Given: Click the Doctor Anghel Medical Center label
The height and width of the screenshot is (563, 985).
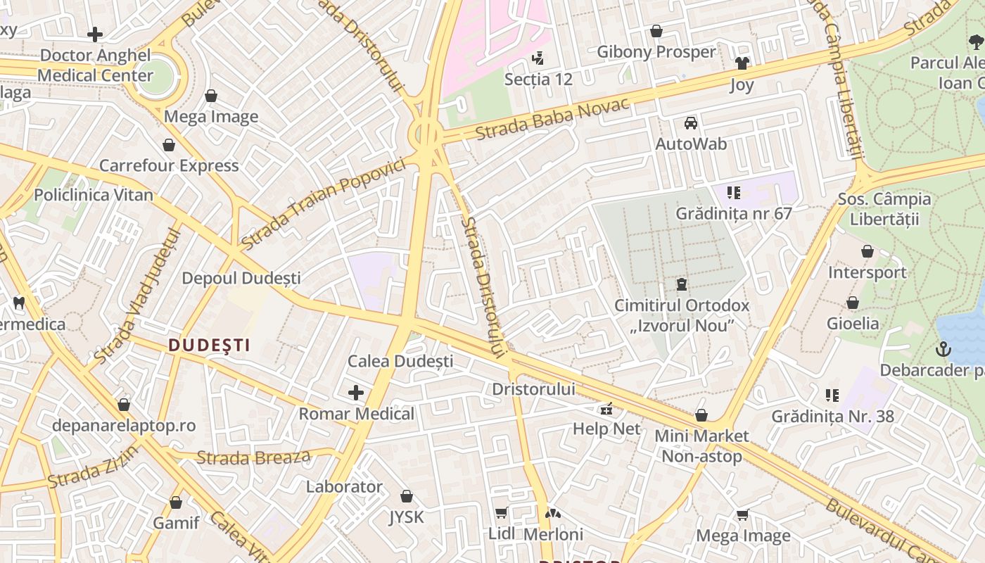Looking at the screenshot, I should [95, 65].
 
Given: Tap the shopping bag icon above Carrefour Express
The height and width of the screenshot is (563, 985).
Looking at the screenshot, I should [169, 145].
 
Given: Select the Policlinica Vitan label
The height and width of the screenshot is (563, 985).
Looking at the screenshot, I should [94, 195].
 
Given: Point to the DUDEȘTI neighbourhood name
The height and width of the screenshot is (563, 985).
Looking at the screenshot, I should [210, 345].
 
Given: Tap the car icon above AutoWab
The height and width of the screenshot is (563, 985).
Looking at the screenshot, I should [691, 123].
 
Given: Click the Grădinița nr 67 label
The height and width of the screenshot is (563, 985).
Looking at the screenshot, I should [734, 213].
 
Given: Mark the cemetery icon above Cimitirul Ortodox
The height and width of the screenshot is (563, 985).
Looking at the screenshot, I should [681, 285].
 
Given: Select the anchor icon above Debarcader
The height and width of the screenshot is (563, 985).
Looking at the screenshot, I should [943, 349].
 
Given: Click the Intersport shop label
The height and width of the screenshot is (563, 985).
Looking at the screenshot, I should [867, 272].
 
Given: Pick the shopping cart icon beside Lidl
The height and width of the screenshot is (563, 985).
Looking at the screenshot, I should [501, 513].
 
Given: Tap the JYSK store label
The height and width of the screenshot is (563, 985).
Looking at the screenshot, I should [407, 517].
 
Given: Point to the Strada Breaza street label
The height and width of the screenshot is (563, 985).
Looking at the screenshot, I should [253, 457].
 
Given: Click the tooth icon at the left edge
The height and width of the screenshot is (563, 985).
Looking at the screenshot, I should [19, 303].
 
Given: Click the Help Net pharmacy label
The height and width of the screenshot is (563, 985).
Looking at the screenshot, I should [606, 429].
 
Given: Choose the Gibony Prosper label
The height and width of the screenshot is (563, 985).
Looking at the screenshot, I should [656, 52].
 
